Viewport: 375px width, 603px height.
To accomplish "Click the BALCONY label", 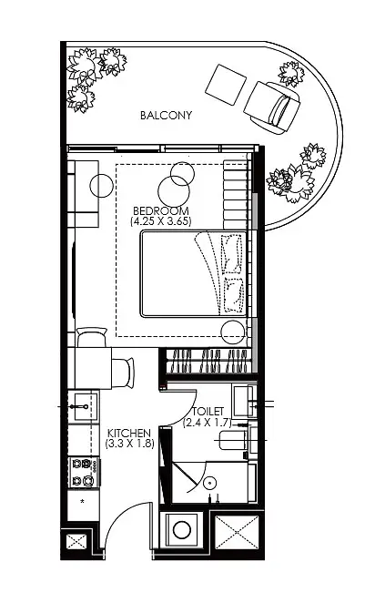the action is [x=166, y=115].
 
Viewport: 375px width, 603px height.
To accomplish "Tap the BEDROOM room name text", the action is [x=161, y=211].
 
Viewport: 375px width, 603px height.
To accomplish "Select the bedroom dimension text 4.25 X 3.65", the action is [x=161, y=221].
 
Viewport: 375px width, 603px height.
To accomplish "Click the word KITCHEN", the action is [x=129, y=433].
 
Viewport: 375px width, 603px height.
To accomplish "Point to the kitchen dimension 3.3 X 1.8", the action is [x=130, y=443].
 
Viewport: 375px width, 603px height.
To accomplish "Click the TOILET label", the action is [x=208, y=412].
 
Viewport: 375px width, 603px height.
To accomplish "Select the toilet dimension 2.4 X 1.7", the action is [x=208, y=423].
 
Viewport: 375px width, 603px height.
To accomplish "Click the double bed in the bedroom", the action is [x=194, y=274].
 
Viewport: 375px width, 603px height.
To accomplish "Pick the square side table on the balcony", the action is [x=226, y=85].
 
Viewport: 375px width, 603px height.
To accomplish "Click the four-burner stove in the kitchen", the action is [x=84, y=472].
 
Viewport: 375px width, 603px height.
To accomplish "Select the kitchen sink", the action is [x=83, y=407].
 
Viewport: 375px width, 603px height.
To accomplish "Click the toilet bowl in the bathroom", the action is [x=232, y=440].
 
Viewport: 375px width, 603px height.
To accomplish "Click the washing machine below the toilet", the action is [x=182, y=530].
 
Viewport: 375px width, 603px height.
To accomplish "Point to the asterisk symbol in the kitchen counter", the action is [x=82, y=502].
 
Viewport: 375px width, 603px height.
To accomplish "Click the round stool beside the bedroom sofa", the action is [x=101, y=186].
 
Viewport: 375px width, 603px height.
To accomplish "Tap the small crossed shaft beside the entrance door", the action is [x=77, y=542].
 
